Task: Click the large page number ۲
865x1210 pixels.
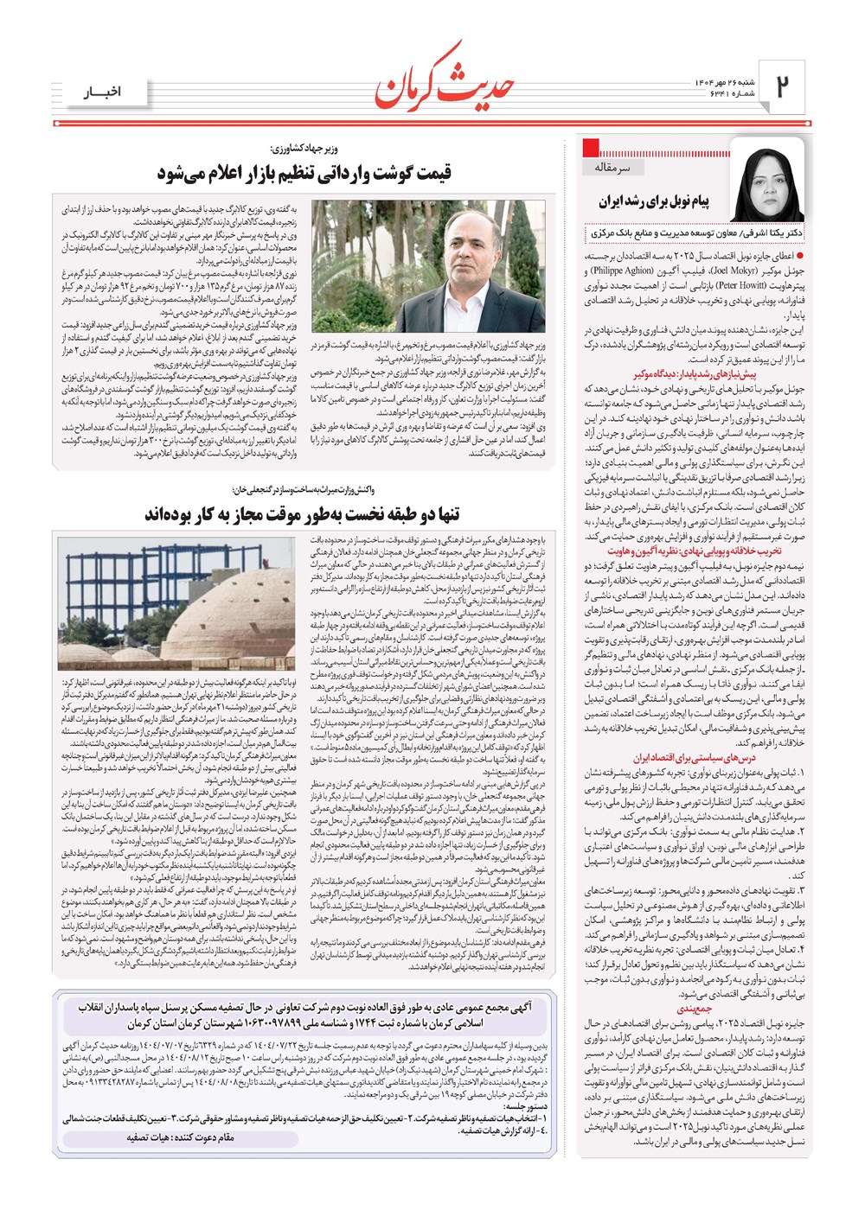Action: [784, 86]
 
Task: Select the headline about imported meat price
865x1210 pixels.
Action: [304, 173]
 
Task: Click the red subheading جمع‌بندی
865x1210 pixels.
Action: [694, 1009]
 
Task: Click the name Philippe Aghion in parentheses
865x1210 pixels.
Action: [623, 271]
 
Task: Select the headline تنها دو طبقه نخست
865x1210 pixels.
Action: [302, 515]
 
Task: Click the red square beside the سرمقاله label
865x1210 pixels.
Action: [592, 148]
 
